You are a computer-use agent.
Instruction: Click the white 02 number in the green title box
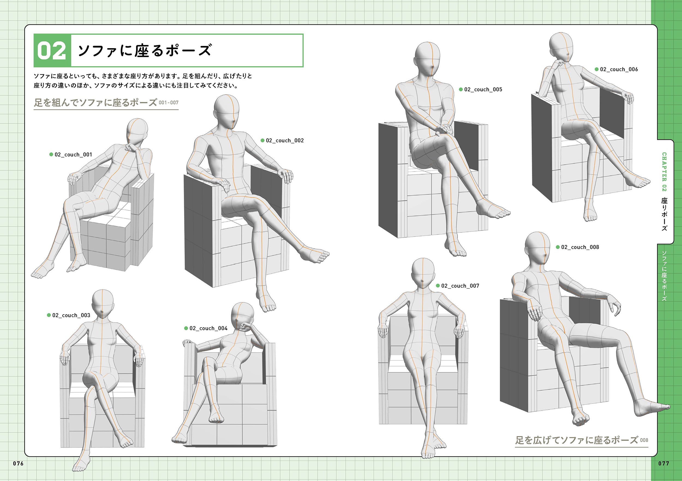52,51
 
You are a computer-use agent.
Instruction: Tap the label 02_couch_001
73,155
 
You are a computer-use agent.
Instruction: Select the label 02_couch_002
285,141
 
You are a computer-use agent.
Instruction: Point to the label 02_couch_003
71,315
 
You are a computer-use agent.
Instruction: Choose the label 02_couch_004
208,328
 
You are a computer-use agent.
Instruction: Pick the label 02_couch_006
619,69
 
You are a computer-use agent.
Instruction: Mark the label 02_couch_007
460,286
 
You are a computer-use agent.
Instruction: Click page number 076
18,464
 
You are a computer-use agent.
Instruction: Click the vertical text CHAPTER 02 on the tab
664,172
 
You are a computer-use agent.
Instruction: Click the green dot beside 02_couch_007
438,286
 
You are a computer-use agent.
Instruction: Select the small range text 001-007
169,103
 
